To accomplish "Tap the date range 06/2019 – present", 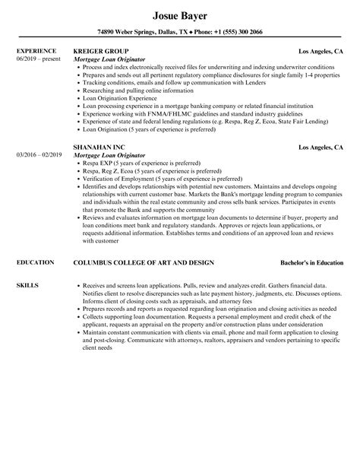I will tap(39, 59).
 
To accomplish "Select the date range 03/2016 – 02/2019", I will tap(39, 154).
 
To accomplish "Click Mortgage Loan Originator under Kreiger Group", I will tap(112, 59).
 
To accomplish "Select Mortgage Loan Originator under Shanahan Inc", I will tap(112, 154).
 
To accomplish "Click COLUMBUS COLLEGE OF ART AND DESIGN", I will tap(144, 262).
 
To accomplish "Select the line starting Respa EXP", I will tap(141, 163).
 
